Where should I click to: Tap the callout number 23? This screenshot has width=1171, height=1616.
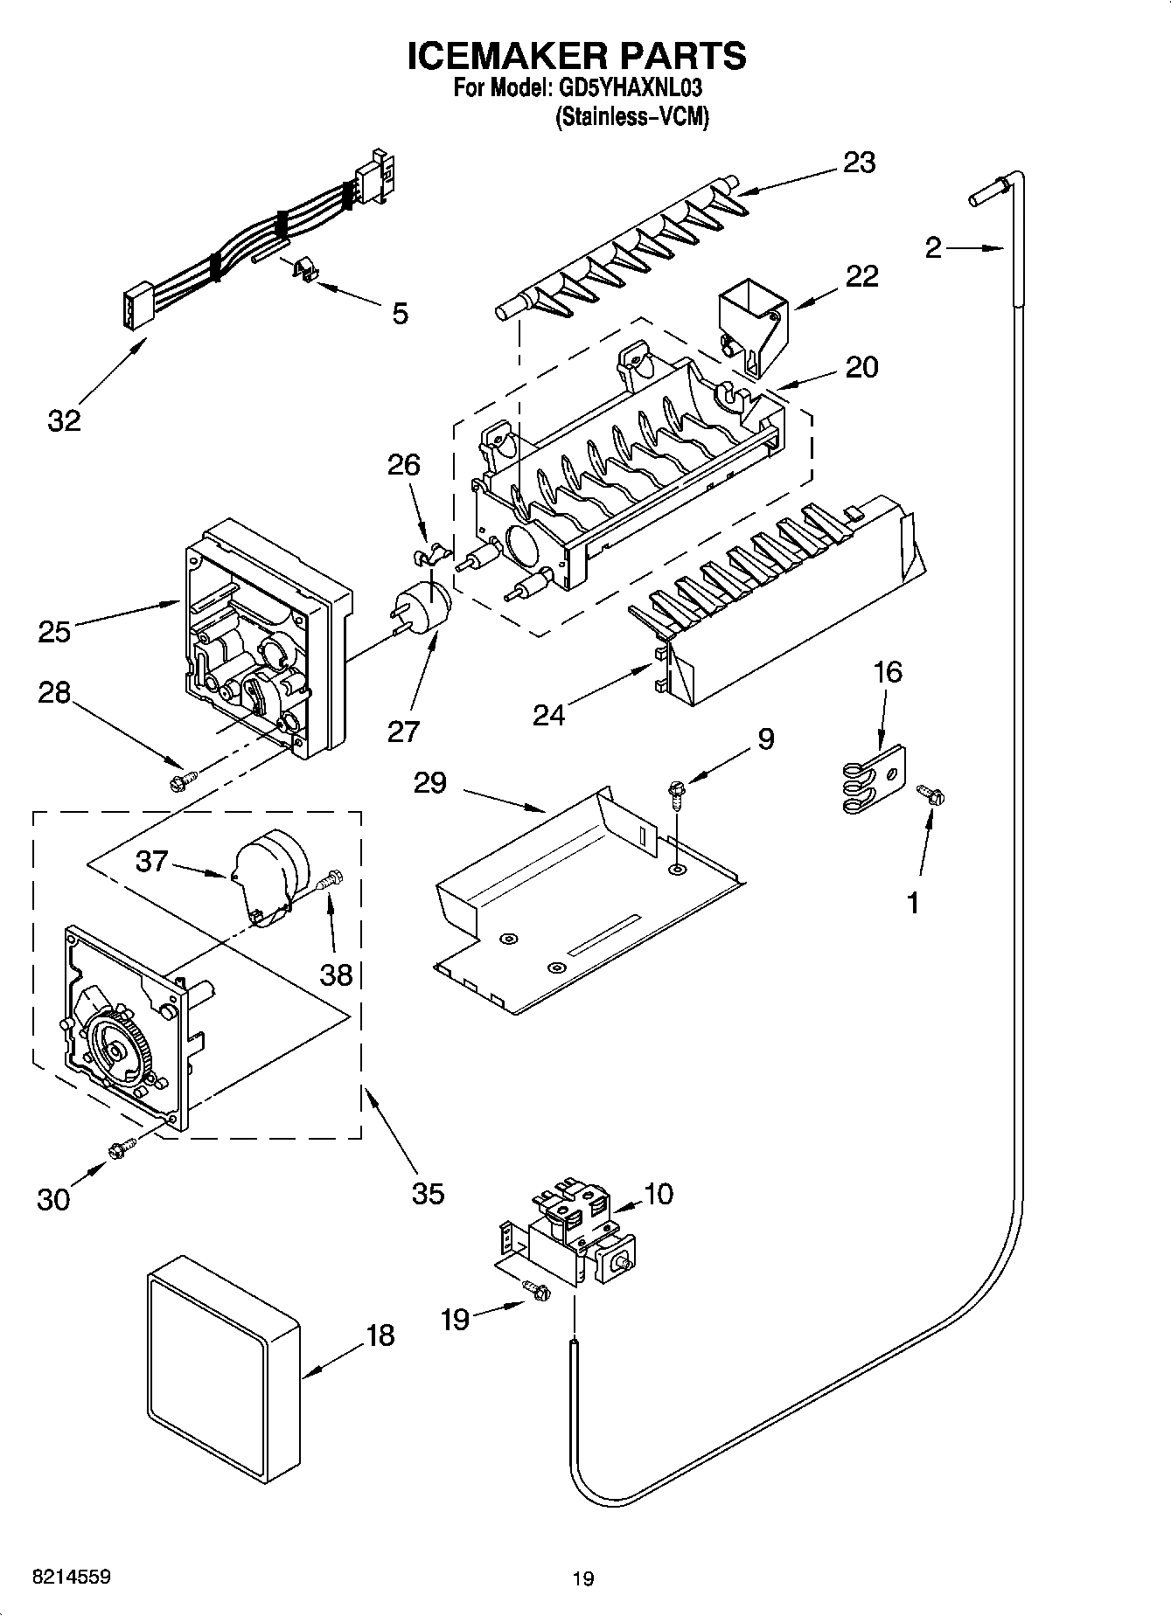[x=859, y=163]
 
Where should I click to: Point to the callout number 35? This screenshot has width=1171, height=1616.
[x=428, y=1192]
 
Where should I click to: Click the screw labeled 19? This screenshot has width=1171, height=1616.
[x=535, y=1290]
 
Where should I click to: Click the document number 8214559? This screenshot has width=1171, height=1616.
[x=71, y=1577]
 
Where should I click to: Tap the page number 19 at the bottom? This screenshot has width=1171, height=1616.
[x=583, y=1578]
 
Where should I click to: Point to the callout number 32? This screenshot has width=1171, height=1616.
[x=64, y=420]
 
